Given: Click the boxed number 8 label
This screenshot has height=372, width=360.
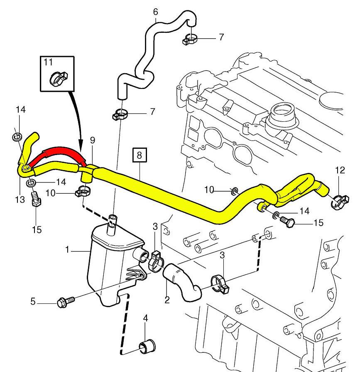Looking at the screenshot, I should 139,156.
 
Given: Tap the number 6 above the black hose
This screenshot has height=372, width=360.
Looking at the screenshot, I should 155,11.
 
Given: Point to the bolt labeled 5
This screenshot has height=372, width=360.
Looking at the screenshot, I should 66,300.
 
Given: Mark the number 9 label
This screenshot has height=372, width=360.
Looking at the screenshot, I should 92,140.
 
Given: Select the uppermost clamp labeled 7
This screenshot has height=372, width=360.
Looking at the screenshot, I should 191,39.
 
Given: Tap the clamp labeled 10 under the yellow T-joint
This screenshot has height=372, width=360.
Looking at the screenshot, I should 83,192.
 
